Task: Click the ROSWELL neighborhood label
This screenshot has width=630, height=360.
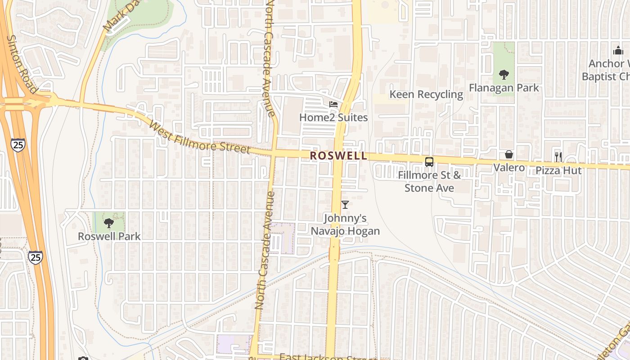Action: (338, 156)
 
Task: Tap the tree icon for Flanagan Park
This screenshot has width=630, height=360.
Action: (504, 75)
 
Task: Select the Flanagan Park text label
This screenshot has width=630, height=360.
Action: (504, 88)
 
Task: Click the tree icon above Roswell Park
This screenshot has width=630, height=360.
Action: (108, 223)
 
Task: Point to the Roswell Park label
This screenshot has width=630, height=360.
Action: (109, 236)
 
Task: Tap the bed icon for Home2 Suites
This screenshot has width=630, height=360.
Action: (333, 104)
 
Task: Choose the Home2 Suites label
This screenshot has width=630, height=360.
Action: (333, 117)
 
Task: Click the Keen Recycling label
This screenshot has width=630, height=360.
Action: (426, 94)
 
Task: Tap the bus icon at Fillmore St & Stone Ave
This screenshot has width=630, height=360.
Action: (429, 162)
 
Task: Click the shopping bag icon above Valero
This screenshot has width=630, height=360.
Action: (509, 155)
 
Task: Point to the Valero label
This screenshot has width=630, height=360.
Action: (509, 168)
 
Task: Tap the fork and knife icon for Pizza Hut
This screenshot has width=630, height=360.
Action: (558, 157)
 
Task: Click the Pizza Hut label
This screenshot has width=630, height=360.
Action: (558, 171)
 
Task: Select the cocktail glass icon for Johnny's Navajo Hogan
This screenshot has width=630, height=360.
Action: (345, 205)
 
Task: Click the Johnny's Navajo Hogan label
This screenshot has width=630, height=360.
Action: (345, 225)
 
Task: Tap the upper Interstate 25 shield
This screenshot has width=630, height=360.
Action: (18, 144)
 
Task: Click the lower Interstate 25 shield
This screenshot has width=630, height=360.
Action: (36, 257)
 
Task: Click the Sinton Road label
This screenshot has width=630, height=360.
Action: (22, 64)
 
